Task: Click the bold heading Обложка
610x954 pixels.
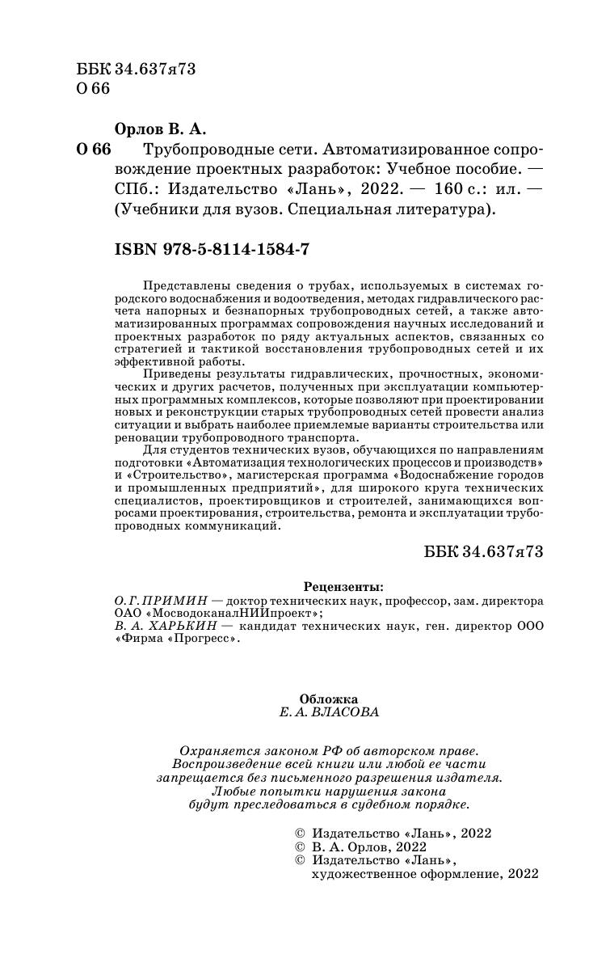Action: (328, 699)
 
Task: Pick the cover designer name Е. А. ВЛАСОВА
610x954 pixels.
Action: (328, 712)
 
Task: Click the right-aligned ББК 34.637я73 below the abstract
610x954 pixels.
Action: (482, 551)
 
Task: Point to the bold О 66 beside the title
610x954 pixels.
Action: (93, 150)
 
